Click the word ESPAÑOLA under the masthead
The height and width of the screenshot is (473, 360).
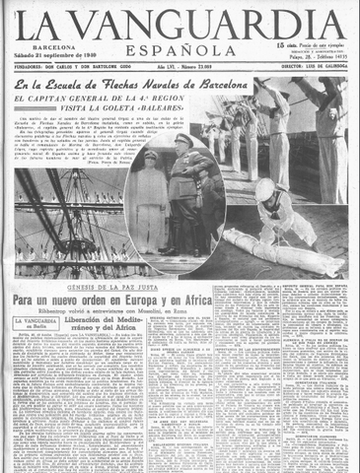click(180, 49)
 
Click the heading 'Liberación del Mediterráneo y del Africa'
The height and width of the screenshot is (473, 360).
click(108, 325)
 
